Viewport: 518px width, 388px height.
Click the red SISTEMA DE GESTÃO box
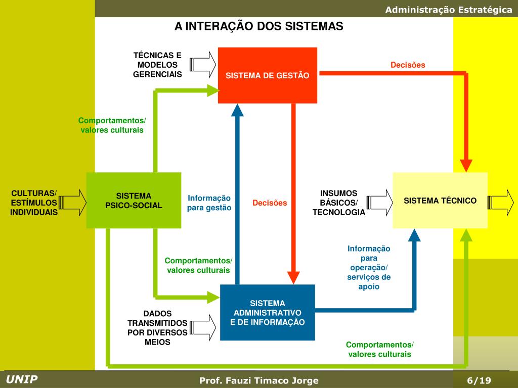(x=267, y=75)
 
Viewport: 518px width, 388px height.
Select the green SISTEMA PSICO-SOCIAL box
(x=134, y=200)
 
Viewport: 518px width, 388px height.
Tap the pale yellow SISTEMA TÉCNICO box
(x=440, y=200)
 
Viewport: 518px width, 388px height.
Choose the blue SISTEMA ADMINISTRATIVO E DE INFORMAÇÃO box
(x=268, y=312)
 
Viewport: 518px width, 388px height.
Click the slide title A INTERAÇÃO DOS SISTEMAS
(x=259, y=26)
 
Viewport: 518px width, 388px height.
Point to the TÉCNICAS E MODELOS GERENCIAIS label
(x=157, y=65)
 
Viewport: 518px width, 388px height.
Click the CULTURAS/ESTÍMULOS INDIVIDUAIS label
(x=34, y=203)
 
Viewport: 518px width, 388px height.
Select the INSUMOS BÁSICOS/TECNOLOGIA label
(x=338, y=203)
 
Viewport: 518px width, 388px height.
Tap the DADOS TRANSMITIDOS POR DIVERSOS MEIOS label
(x=157, y=327)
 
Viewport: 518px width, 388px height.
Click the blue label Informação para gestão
(x=209, y=203)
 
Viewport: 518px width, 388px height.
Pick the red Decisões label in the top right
(x=408, y=65)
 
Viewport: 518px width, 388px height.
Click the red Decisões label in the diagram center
(x=270, y=203)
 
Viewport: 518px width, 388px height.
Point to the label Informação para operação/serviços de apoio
(x=369, y=267)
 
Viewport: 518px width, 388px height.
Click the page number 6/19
(x=479, y=380)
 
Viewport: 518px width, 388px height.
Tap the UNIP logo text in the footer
(x=22, y=379)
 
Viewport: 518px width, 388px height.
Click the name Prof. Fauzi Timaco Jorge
(x=259, y=380)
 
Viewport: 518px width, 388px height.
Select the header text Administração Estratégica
(x=449, y=10)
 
